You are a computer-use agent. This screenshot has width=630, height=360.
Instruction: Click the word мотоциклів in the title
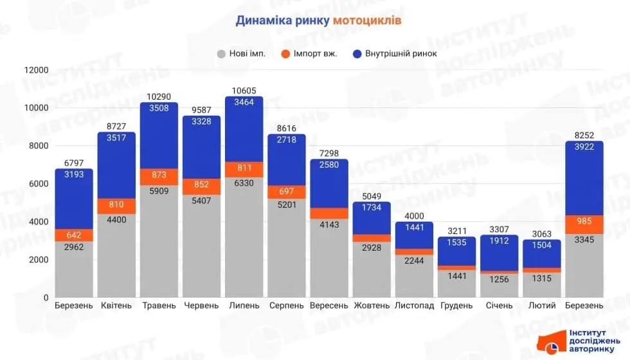pyautogui.click(x=368, y=20)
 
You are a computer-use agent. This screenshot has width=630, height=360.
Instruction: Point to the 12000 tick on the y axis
pyautogui.click(x=37, y=70)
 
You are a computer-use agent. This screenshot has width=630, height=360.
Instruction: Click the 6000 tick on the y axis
pyautogui.click(x=39, y=184)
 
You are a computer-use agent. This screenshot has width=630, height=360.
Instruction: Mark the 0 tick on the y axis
pyautogui.click(x=46, y=298)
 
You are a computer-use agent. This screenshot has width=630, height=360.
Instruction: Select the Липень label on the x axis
pyautogui.click(x=244, y=305)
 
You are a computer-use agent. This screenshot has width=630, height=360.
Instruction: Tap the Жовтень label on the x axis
pyautogui.click(x=372, y=305)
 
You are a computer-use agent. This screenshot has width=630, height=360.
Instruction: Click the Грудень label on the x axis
pyautogui.click(x=456, y=305)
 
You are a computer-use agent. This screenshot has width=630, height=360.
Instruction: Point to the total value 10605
pyautogui.click(x=244, y=91)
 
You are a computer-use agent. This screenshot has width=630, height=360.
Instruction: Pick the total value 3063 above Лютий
pyautogui.click(x=541, y=234)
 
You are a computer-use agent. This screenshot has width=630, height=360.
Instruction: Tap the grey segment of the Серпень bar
pyautogui.click(x=287, y=248)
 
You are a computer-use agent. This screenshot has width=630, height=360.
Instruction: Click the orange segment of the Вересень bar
pyautogui.click(x=329, y=213)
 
